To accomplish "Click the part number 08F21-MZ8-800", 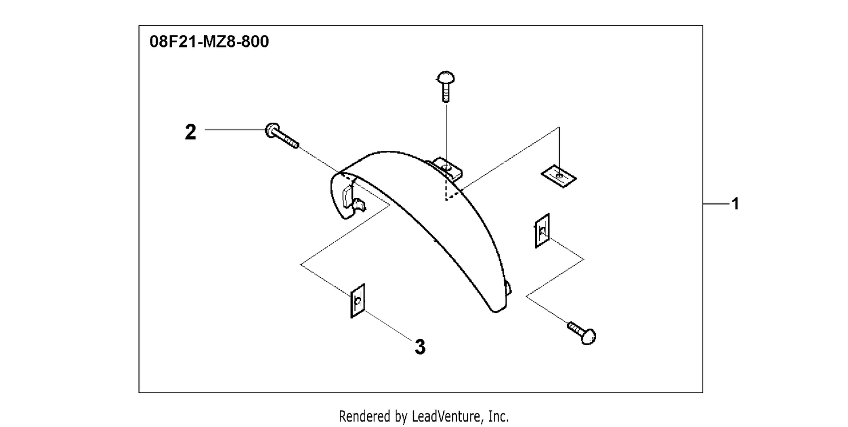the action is [209, 42].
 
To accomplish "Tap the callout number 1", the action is [735, 204].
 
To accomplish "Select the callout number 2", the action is [191, 132].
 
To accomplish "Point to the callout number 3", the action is [420, 347].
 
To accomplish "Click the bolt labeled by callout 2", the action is [282, 136].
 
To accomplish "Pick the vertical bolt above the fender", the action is [446, 86].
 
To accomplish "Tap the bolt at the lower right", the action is [582, 333].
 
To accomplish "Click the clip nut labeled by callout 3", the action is [357, 300].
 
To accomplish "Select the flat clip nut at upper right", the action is [559, 176].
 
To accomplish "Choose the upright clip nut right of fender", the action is [542, 230].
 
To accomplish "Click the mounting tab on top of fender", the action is [447, 168].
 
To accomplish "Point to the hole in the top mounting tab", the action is [447, 167].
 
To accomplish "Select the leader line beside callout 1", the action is [716, 204].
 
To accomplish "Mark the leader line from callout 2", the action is [235, 129].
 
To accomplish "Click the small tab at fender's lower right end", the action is [508, 287].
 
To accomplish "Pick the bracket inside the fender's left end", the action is [353, 199].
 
